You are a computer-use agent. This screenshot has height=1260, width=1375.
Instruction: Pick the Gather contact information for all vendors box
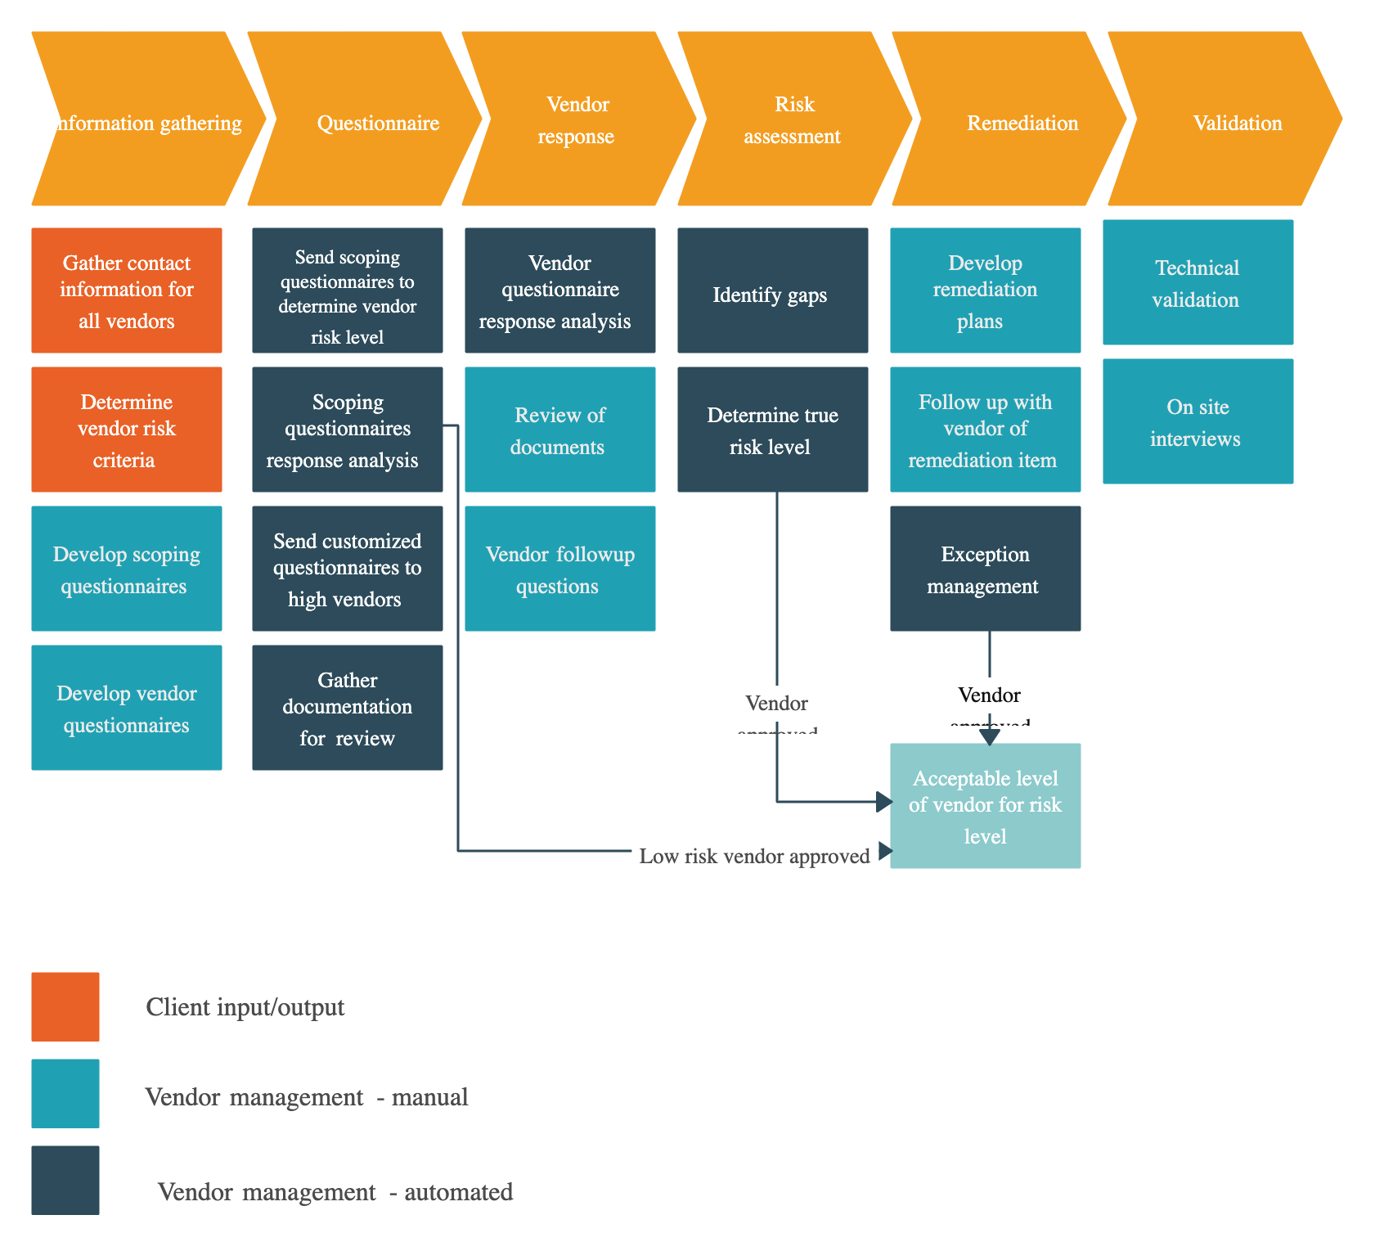127,290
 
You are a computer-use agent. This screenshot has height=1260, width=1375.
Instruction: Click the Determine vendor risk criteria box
127,430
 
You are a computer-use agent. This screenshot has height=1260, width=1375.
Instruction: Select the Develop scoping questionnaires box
127,569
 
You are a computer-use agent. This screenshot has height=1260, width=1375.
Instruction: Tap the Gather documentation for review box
348,708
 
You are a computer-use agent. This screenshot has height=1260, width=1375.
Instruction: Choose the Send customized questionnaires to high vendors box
348,569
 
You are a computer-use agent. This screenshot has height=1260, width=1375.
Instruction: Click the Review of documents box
560,430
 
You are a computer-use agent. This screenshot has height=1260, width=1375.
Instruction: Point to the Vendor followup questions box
560,569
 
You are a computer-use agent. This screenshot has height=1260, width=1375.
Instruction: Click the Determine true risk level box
773,430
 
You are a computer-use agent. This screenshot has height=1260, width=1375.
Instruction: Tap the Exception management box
986,569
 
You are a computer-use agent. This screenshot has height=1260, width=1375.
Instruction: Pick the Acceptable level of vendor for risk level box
986,806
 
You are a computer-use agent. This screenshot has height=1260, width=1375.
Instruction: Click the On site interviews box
1198,421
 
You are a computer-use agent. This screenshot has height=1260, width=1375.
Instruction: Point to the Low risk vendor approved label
754,856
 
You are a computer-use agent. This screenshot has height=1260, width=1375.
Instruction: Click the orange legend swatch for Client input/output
65,1006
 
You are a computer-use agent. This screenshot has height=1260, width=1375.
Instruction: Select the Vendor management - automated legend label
335,1190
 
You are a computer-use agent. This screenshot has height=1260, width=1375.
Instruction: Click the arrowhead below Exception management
990,736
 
